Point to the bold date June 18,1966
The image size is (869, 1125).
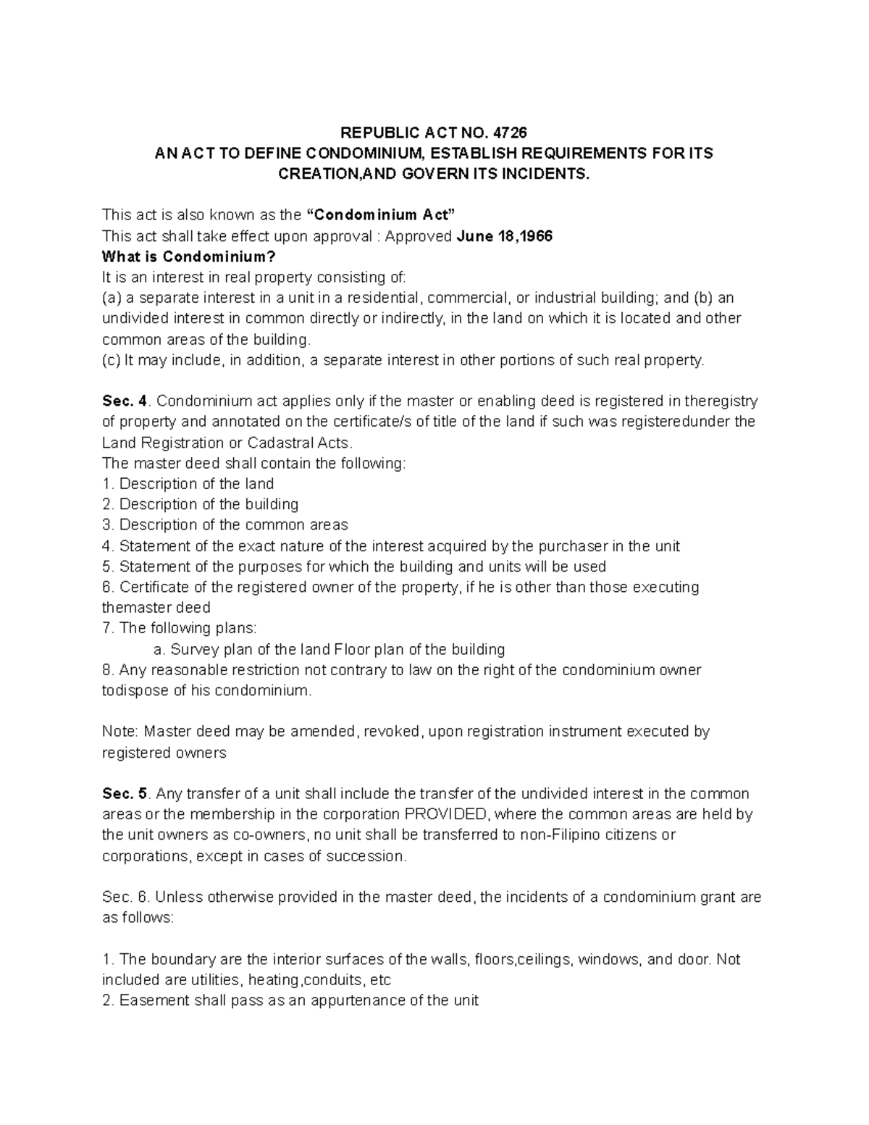(505, 236)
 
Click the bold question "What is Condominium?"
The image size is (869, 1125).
(189, 257)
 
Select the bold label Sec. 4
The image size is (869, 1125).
(125, 401)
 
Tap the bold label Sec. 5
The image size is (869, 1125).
(125, 793)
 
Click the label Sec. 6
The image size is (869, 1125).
(125, 898)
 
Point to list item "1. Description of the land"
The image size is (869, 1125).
(188, 484)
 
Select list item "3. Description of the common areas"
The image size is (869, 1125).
(224, 525)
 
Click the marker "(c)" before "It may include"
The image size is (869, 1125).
(112, 361)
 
